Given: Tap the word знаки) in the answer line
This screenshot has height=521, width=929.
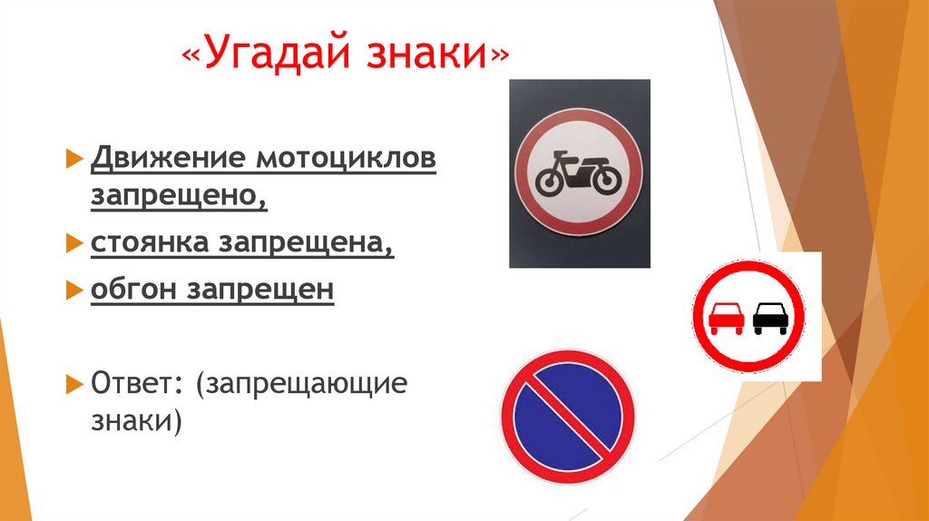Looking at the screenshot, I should [x=136, y=420].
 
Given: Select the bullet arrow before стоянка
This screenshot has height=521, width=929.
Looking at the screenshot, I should [x=74, y=243].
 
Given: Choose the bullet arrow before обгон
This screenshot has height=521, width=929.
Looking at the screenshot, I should [x=74, y=290].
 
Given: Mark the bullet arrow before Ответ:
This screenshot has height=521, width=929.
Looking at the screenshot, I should [x=74, y=383].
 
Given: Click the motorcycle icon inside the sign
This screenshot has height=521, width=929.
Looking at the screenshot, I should [x=578, y=173].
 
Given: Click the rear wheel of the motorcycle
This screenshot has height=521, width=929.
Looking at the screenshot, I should [x=549, y=182].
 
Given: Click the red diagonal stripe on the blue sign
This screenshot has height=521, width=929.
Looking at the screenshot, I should [x=568, y=416].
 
